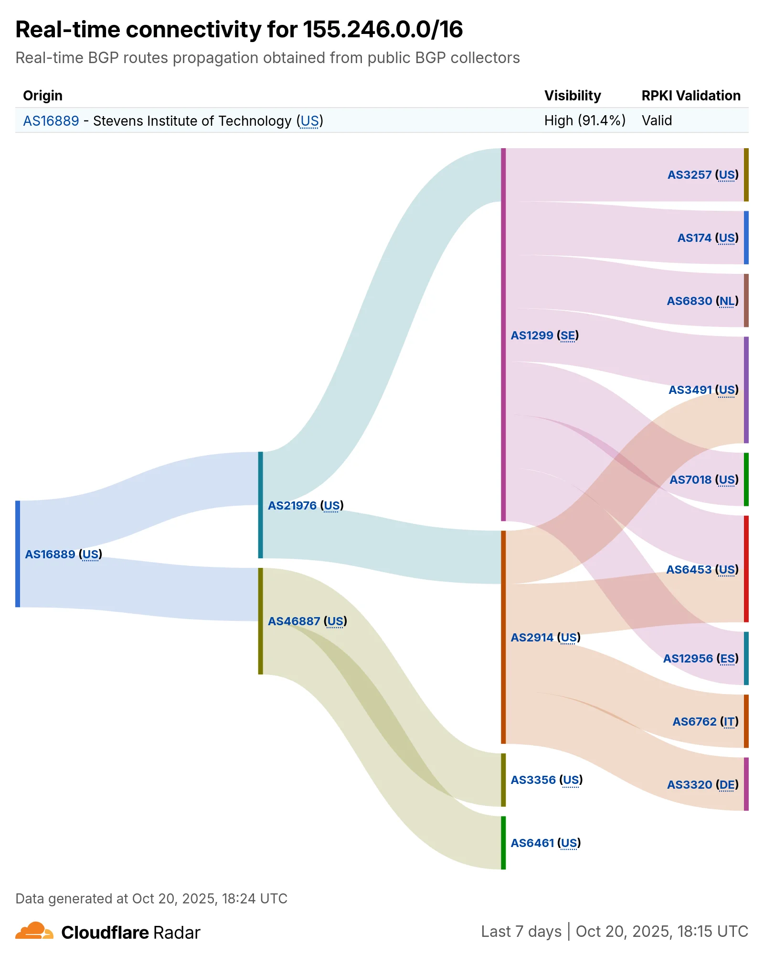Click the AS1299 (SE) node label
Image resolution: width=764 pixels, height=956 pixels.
[x=544, y=336]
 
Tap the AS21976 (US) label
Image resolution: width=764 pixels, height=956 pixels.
[x=305, y=506]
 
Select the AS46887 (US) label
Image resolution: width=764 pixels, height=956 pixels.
[x=307, y=621]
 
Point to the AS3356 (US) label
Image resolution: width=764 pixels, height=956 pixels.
[x=546, y=780]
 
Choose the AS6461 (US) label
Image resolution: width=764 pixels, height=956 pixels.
[x=545, y=843]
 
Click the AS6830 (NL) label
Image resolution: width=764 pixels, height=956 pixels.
[x=702, y=301]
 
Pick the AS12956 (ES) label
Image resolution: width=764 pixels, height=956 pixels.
[x=700, y=659]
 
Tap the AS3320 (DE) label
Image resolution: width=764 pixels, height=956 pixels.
[x=702, y=785]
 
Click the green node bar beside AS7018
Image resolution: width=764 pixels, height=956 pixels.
[x=746, y=479]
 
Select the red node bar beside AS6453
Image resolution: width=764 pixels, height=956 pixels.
[x=746, y=569]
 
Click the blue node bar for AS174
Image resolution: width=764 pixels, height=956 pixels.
[x=746, y=238]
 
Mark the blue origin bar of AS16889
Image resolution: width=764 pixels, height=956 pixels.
[x=18, y=554]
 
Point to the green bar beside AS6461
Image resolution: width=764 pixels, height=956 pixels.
[x=503, y=843]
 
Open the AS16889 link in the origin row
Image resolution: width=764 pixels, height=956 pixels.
[x=51, y=121]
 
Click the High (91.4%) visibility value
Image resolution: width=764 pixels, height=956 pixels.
[x=584, y=120]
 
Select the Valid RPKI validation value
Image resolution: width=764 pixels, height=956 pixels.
[x=657, y=120]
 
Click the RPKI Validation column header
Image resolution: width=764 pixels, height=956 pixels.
[x=690, y=96]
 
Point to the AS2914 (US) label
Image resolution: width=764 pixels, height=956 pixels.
[x=545, y=638]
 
